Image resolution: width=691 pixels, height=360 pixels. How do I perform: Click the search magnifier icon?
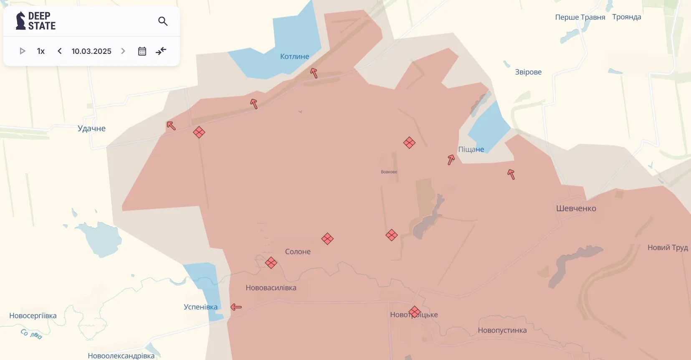pos(163,21)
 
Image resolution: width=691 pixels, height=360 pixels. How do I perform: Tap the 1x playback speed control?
pos(40,51)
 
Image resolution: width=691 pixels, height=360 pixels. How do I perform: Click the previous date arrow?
pos(60,51)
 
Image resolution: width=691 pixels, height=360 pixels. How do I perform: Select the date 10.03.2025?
pos(91,51)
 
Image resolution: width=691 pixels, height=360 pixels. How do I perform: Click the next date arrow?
pos(123,51)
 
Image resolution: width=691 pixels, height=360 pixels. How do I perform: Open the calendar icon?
pos(142,51)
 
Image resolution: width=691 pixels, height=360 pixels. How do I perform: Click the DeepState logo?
pos(35,21)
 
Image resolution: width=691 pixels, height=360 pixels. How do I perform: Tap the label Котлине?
pos(294,56)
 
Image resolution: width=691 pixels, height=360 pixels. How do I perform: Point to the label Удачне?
pos(91,128)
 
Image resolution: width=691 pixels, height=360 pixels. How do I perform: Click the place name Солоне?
pos(298,251)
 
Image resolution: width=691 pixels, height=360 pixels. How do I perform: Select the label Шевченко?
pos(576,208)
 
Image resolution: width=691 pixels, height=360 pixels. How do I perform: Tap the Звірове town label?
pos(528,72)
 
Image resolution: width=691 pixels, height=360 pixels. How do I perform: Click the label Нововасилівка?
pos(271,288)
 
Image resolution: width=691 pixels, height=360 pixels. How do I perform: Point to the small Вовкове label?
pos(389,172)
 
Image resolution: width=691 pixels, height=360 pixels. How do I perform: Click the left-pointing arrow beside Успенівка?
pos(236,307)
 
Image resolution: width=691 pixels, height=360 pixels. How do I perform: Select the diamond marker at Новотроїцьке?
pos(414,312)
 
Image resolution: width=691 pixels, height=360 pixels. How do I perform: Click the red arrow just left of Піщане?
pos(451,160)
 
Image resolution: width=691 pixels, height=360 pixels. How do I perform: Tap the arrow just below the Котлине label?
pos(314,73)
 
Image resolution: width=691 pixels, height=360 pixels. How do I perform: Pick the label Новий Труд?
pos(667,248)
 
